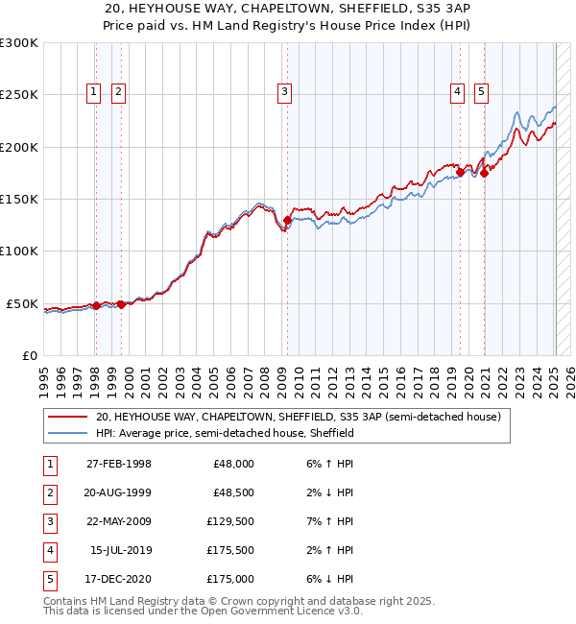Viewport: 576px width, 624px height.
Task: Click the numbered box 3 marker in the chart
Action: click(x=285, y=92)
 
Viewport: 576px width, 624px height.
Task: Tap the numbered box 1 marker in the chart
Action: click(x=93, y=92)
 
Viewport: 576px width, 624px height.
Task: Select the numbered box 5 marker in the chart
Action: click(x=480, y=92)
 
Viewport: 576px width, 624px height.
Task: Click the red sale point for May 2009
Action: click(x=287, y=221)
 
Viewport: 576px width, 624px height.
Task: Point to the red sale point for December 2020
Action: click(x=485, y=173)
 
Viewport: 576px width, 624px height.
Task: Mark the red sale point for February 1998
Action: click(x=96, y=305)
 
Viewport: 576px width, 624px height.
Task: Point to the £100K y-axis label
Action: click(x=19, y=252)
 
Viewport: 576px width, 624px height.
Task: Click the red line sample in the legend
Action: click(x=68, y=418)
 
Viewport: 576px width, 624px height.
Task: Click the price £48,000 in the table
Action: click(x=232, y=464)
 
